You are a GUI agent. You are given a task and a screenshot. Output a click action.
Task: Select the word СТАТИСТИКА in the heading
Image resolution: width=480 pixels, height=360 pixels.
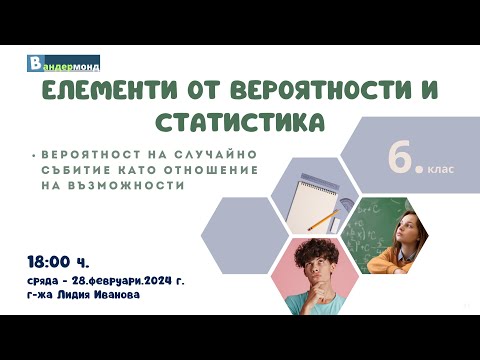click(x=240, y=122)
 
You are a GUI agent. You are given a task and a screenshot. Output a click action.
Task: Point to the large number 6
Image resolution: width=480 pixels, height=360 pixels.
click(x=406, y=161)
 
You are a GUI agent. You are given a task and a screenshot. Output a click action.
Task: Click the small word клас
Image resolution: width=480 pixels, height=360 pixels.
click(x=441, y=169)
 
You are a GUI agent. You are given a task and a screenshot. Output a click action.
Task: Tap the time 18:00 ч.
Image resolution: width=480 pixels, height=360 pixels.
click(x=60, y=262)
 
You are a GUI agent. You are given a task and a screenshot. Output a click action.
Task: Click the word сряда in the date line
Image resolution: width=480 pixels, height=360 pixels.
click(x=47, y=281)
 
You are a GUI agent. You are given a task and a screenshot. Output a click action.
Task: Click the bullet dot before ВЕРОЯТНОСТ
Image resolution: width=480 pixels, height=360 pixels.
click(x=34, y=155)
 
